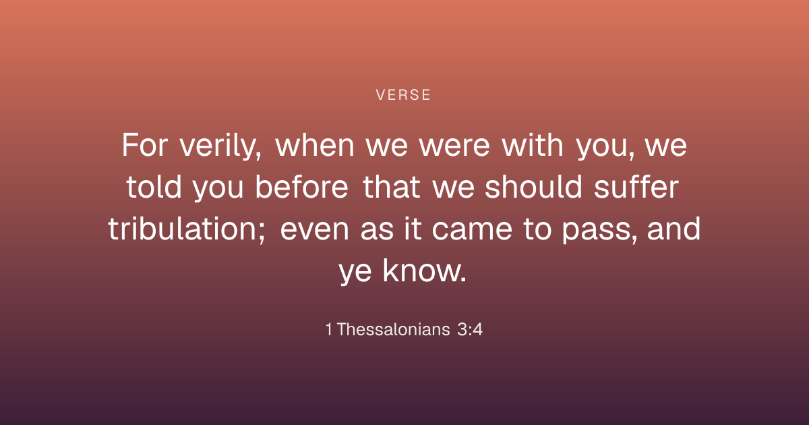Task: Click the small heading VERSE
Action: coord(403,95)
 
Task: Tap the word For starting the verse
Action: coord(145,145)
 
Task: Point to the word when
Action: coord(315,145)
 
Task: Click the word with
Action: coord(533,144)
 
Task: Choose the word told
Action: coord(154,187)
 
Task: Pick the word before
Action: coord(302,187)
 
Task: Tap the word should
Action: coord(533,187)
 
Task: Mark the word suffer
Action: coord(636,187)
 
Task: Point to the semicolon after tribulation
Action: coord(262,232)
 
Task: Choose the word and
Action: coord(674,229)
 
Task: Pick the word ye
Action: coord(355,273)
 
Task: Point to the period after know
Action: coord(463,280)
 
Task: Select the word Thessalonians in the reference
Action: coord(394,329)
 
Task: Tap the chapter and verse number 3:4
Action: coord(469,329)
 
